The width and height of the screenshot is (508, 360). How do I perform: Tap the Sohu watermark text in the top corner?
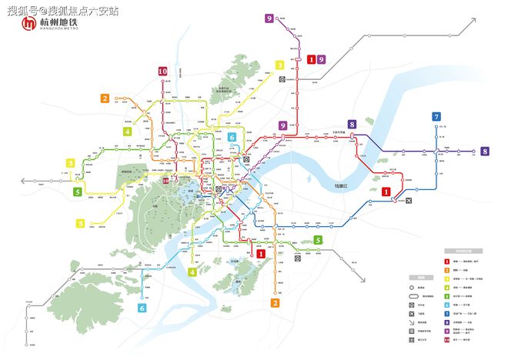pyautogui.click(x=64, y=9)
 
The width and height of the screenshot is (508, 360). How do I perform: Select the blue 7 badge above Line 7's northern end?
pyautogui.click(x=436, y=118)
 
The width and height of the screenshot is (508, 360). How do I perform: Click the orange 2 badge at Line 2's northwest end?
pyautogui.click(x=105, y=98)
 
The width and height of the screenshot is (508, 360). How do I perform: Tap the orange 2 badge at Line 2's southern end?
pyautogui.click(x=275, y=303)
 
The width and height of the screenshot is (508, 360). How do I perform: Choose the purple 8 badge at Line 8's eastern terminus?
pyautogui.click(x=485, y=152)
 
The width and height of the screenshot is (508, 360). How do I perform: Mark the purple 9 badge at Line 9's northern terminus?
pyautogui.click(x=269, y=18)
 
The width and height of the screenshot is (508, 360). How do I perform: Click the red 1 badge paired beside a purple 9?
pyautogui.click(x=311, y=59)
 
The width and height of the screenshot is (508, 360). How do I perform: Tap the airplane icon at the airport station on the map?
pyautogui.click(x=406, y=201)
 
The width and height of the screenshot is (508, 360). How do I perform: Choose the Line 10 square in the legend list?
pyautogui.click(x=446, y=340)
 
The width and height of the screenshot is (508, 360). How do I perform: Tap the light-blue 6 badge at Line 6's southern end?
pyautogui.click(x=142, y=308)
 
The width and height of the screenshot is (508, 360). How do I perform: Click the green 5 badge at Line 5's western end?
pyautogui.click(x=78, y=192)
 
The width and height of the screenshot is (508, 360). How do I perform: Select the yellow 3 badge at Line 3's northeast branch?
pyautogui.click(x=280, y=65)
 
